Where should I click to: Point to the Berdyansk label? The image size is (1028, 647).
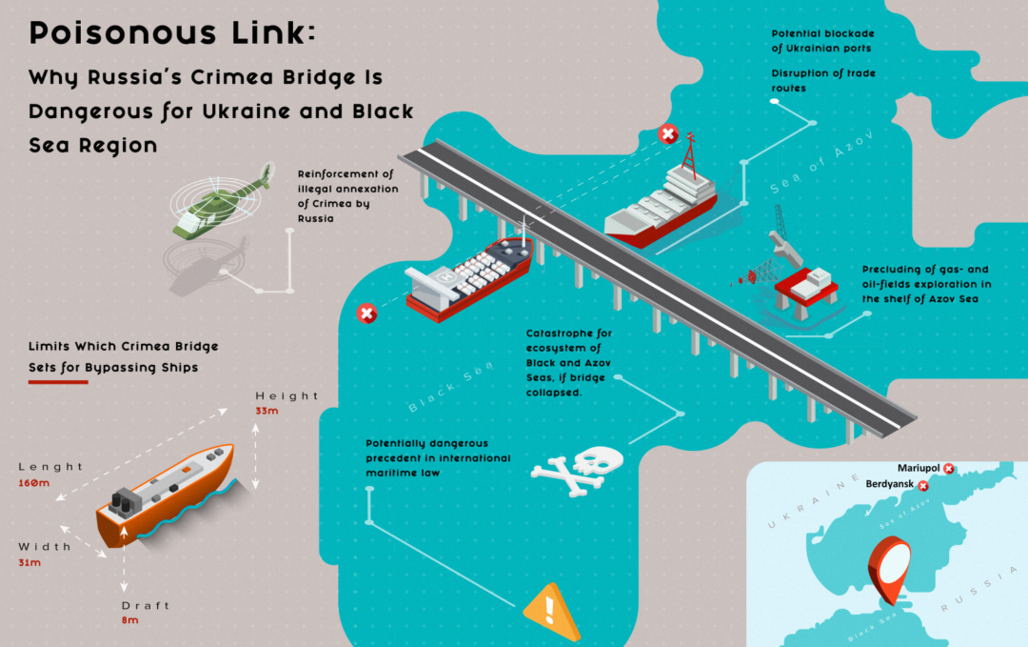(891, 485)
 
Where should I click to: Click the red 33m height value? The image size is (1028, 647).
(267, 411)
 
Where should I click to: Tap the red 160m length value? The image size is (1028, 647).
(34, 483)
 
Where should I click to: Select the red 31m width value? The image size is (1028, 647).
(30, 563)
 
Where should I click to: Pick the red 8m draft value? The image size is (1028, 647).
(130, 620)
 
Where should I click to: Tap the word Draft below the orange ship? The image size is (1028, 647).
(146, 605)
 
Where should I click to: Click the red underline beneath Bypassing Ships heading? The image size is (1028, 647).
(58, 382)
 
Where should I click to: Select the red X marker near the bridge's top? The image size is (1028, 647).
(668, 134)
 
